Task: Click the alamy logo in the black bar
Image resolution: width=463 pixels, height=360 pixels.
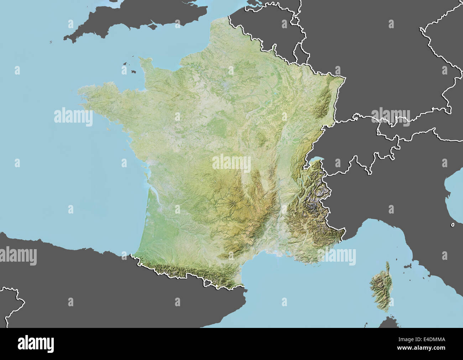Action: [36, 344]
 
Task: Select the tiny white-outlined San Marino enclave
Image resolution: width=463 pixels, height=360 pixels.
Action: [452, 225]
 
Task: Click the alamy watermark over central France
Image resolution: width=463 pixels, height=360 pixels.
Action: [231, 163]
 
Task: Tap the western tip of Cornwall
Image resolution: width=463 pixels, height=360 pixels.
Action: [65, 38]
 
